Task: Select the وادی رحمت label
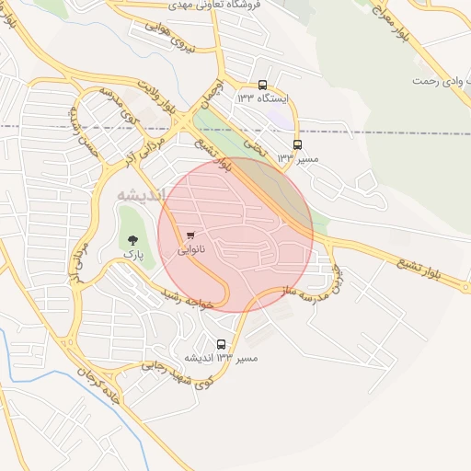(437, 81)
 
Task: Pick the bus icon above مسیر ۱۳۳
(296, 144)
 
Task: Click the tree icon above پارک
(132, 238)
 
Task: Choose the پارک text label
(133, 251)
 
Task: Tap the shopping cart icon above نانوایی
(190, 235)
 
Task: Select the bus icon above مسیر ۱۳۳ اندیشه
(221, 344)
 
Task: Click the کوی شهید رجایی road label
(178, 372)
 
